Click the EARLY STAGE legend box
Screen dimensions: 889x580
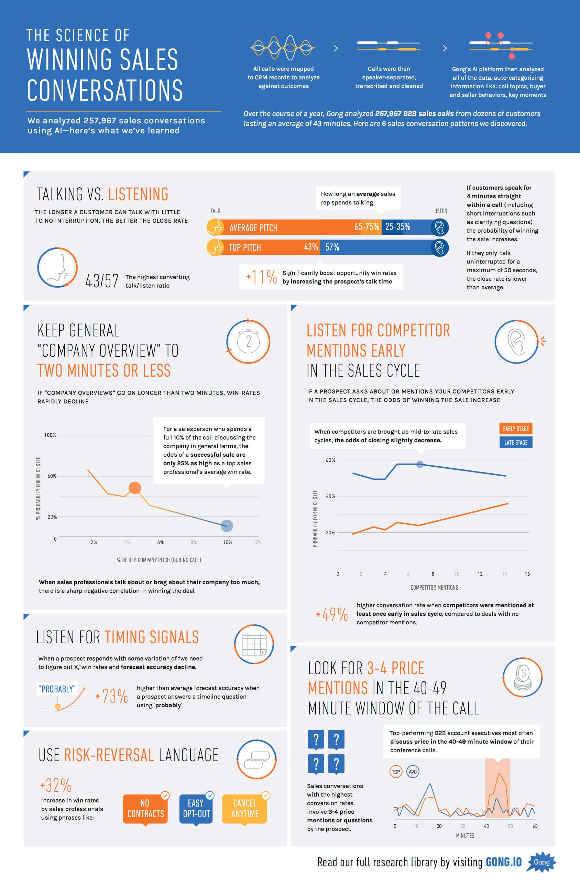click(x=516, y=429)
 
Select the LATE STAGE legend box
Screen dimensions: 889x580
click(x=516, y=442)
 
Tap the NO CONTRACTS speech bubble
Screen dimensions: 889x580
click(x=145, y=809)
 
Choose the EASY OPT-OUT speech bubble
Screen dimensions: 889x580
click(x=196, y=809)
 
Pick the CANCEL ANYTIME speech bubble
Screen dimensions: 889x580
click(x=245, y=809)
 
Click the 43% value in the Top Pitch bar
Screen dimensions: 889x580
click(x=310, y=247)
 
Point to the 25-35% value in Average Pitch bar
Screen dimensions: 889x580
click(x=398, y=227)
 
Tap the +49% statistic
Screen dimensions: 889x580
click(x=332, y=614)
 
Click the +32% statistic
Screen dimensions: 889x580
click(x=56, y=785)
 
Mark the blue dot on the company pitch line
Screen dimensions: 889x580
click(x=227, y=525)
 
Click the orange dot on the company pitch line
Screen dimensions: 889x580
click(x=134, y=488)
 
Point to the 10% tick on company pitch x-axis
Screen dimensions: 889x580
click(x=227, y=542)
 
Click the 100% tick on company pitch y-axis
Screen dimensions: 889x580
click(x=50, y=435)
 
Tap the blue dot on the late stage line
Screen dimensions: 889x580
click(x=420, y=464)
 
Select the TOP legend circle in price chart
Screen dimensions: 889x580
click(x=396, y=772)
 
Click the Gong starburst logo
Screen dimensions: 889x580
click(x=541, y=862)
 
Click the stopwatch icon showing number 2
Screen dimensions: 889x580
click(x=248, y=341)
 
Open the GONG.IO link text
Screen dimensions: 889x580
click(x=503, y=862)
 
